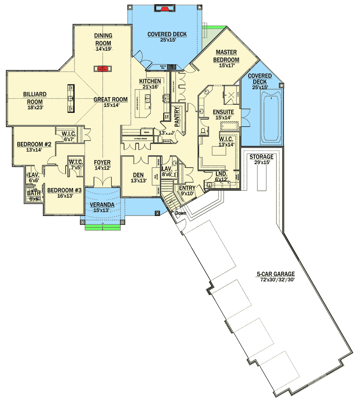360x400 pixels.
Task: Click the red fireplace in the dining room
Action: (103, 68)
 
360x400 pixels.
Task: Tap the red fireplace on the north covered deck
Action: (164, 8)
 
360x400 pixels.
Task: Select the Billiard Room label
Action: (35, 98)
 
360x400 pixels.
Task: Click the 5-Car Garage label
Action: (276, 274)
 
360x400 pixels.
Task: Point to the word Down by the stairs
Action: (180, 213)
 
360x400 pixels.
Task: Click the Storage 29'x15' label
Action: (262, 157)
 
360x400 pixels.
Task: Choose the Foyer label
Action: (102, 162)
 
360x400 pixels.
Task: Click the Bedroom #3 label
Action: (64, 190)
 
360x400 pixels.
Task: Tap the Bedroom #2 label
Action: (34, 144)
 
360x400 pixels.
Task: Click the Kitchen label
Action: (150, 81)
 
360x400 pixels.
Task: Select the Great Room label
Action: (110, 100)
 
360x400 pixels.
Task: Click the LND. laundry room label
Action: (221, 174)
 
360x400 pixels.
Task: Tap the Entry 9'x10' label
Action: (187, 188)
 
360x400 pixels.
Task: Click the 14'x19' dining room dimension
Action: (103, 49)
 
